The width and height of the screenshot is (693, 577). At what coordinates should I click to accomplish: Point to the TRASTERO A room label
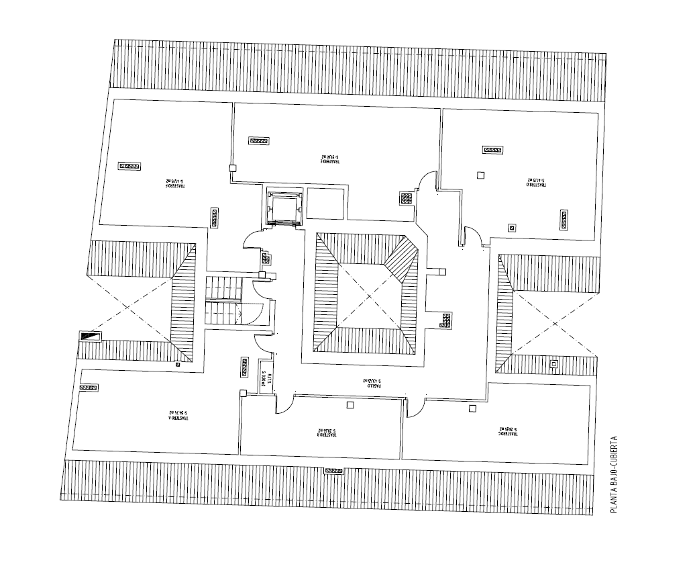177,416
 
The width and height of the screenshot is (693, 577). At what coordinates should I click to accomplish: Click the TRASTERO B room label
326,433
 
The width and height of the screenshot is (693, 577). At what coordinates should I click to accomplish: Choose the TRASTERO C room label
509,431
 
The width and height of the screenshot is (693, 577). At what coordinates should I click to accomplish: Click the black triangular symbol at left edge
89,336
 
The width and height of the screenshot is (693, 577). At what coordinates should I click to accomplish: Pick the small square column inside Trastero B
350,405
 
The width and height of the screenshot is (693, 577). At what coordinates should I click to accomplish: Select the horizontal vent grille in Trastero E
259,141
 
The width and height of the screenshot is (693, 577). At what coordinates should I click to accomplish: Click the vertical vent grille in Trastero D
564,220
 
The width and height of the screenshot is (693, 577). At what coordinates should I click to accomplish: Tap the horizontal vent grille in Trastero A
88,388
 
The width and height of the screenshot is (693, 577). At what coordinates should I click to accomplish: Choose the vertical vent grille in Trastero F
215,217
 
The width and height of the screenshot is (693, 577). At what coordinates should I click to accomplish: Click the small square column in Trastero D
480,175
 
